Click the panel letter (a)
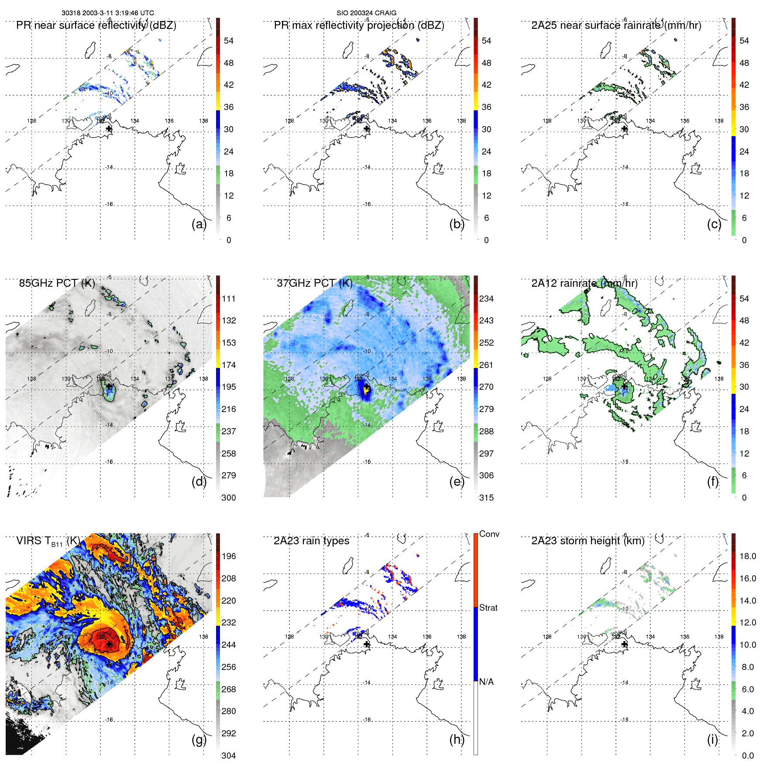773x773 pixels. click(199, 224)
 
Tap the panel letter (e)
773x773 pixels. click(457, 482)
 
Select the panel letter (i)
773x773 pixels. click(712, 740)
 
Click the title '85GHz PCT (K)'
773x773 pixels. click(57, 283)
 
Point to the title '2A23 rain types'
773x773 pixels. click(311, 541)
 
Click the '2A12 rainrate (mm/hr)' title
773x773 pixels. click(584, 283)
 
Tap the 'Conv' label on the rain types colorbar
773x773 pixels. click(489, 534)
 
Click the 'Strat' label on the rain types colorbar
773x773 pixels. click(488, 608)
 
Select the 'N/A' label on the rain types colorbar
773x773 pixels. click(486, 682)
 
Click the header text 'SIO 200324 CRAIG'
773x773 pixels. click(366, 13)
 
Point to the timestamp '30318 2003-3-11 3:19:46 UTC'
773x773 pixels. click(107, 13)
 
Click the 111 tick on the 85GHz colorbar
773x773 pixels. click(228, 299)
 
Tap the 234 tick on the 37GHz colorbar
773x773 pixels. click(486, 299)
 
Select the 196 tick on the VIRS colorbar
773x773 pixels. click(228, 556)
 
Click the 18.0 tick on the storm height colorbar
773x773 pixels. click(747, 556)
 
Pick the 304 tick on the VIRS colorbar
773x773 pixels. click(228, 756)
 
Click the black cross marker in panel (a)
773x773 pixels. click(109, 129)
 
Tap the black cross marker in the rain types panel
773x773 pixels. click(367, 644)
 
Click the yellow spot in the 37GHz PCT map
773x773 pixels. click(366, 391)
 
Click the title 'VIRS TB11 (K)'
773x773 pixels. click(48, 541)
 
